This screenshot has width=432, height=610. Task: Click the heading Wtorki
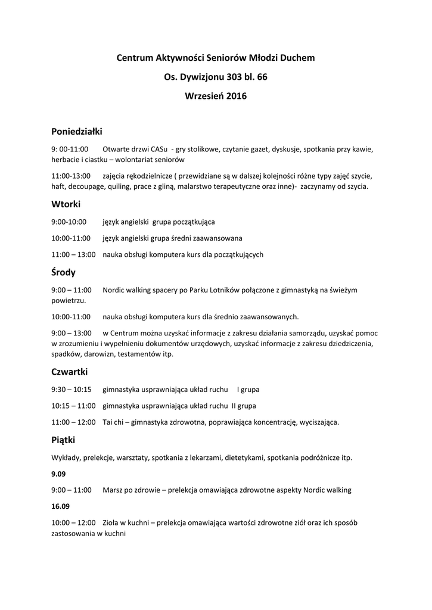pyautogui.click(x=66, y=204)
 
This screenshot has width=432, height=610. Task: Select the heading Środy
pyautogui.click(x=64, y=273)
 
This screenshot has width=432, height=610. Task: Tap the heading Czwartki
pyautogui.click(x=70, y=372)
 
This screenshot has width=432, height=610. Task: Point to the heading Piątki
pyautogui.click(x=63, y=440)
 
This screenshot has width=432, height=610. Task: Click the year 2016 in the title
pyautogui.click(x=236, y=95)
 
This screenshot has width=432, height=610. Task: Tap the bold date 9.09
pyautogui.click(x=58, y=474)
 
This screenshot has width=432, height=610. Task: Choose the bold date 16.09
pyautogui.click(x=61, y=506)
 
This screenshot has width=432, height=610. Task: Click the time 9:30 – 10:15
pyautogui.click(x=72, y=390)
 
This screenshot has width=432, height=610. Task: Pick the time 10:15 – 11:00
pyautogui.click(x=73, y=406)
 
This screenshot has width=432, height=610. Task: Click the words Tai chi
pyautogui.click(x=114, y=422)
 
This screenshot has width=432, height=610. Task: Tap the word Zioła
pyautogui.click(x=111, y=522)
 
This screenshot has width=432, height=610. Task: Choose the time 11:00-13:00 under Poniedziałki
pyautogui.click(x=72, y=176)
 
